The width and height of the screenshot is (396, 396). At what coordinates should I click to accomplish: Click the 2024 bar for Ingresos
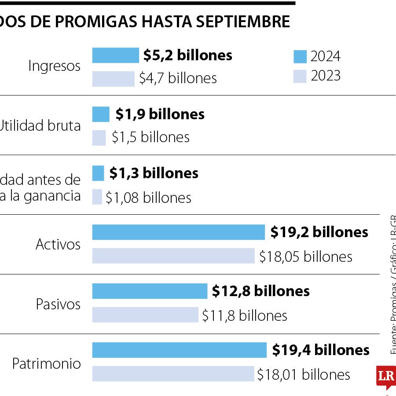coord(115,55)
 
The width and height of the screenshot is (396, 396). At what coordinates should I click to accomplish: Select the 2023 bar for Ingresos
coord(113,79)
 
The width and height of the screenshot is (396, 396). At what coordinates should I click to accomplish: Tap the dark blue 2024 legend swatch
coord(300,57)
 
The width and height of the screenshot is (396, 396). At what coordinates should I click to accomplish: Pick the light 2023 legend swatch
coord(300,77)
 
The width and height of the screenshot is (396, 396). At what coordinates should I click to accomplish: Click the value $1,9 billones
coord(160,114)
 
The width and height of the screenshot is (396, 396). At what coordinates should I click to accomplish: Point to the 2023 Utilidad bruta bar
coord(99,138)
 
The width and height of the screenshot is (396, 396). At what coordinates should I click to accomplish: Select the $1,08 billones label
coord(148,198)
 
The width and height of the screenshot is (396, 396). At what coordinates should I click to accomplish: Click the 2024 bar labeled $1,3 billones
coord(98,173)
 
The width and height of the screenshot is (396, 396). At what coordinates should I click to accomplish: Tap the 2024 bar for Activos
coord(178,232)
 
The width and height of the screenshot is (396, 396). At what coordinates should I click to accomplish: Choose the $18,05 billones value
coord(305,257)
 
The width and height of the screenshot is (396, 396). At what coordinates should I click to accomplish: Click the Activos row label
coord(58,245)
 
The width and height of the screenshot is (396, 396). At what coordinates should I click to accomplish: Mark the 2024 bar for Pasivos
coord(150,291)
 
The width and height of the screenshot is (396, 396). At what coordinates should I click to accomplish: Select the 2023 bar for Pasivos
coord(145,315)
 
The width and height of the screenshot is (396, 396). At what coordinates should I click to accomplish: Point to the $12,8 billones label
coord(260,291)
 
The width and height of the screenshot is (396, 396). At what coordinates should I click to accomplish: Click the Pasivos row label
coord(58,304)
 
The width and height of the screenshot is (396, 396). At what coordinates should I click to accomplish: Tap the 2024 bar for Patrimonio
coord(179,350)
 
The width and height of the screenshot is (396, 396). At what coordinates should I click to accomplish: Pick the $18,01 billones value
coord(304,374)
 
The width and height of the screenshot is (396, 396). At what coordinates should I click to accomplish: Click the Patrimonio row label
coord(47,364)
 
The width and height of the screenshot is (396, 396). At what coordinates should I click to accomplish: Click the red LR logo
coord(385,376)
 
